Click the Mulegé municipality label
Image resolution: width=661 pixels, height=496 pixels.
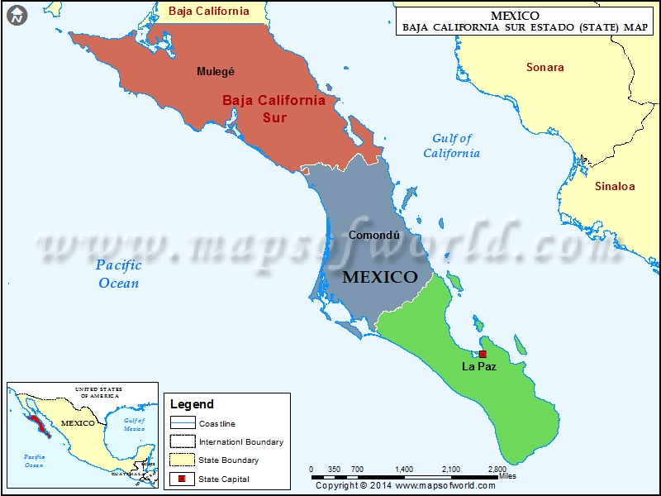(216, 71)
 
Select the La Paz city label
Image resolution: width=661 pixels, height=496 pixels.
(479, 366)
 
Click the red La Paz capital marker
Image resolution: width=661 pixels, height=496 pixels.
(483, 354)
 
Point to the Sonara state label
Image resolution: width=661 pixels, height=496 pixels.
(545, 67)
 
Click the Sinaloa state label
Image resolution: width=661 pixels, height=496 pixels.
(615, 186)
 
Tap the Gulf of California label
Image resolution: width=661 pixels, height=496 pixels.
(451, 145)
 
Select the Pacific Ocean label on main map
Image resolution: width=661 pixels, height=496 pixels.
(117, 274)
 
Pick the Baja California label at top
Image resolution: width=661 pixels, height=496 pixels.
(208, 11)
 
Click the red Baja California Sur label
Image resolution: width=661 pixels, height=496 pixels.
(273, 108)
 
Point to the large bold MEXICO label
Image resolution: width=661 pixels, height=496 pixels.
(380, 277)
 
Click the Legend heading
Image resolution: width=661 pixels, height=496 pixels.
(192, 404)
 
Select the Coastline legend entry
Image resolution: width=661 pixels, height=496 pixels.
(216, 424)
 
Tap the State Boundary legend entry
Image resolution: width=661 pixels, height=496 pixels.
(228, 460)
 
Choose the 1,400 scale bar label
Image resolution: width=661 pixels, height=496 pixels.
(404, 470)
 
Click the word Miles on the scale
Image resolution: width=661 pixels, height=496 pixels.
(508, 476)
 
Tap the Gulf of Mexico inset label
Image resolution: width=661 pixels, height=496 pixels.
(134, 425)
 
